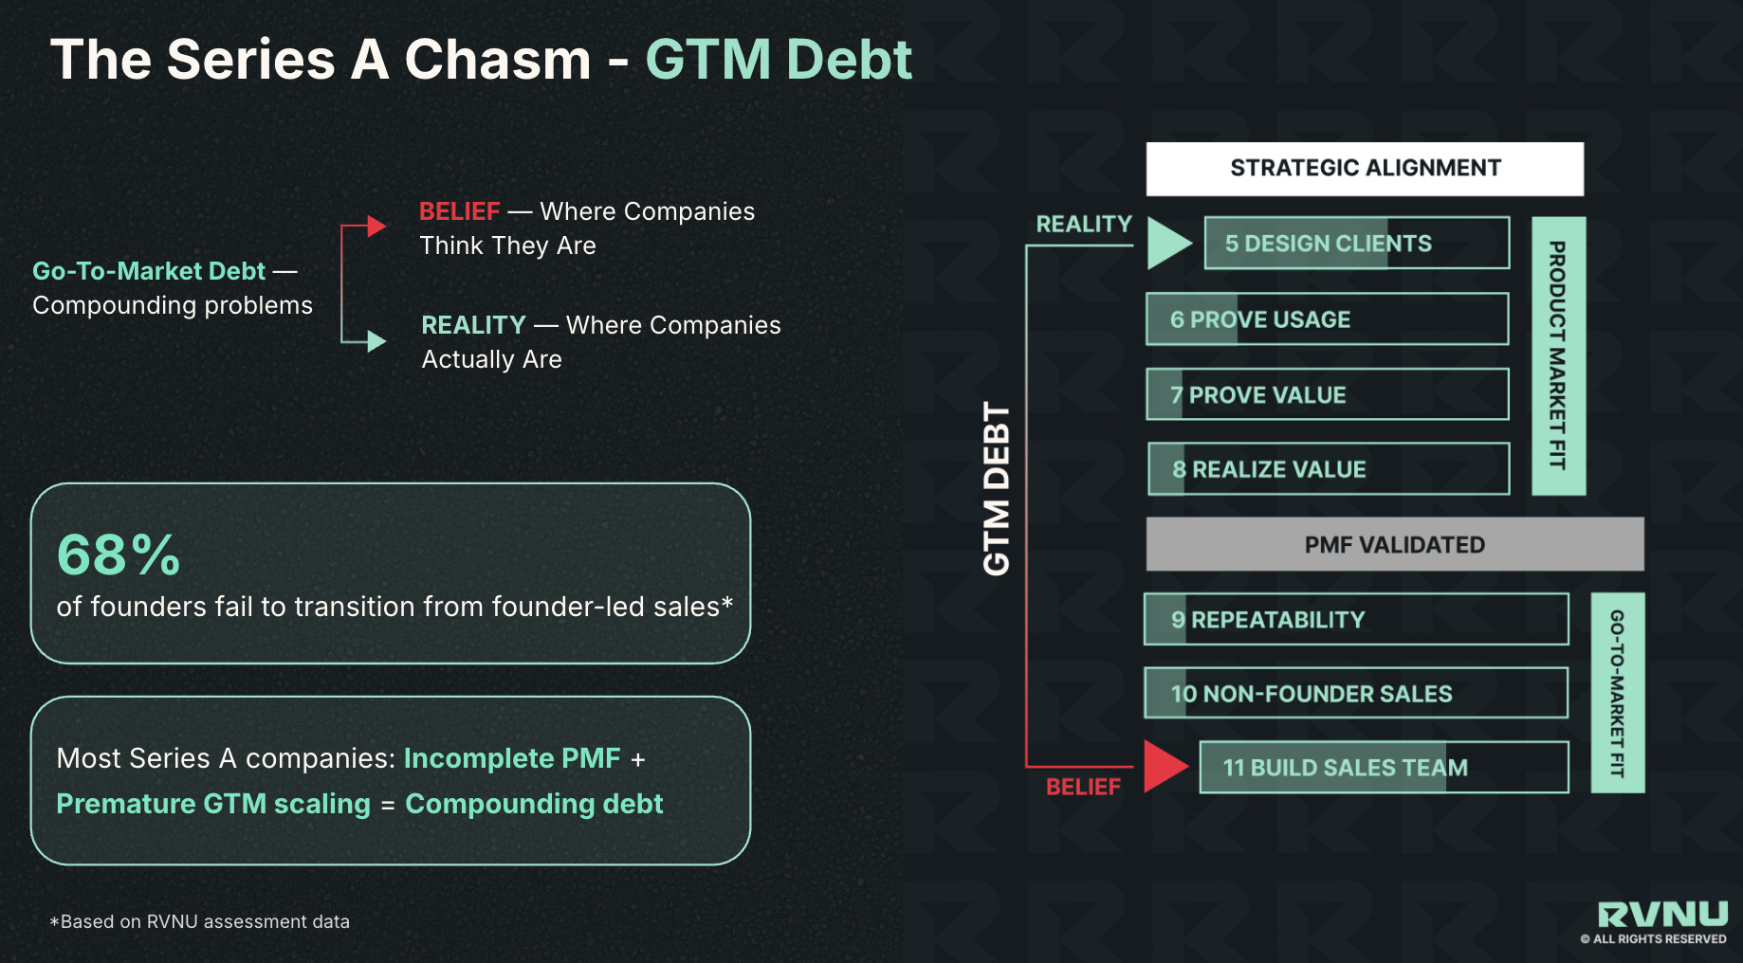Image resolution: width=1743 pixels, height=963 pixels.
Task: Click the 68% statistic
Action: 119,554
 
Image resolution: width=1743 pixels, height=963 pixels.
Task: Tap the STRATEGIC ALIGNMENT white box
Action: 1364,169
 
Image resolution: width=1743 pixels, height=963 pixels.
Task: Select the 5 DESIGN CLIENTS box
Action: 1356,244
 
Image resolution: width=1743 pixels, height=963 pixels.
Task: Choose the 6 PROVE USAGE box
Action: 1327,319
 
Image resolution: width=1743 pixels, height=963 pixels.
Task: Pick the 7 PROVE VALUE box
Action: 1327,394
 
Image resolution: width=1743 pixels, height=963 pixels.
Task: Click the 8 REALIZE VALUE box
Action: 1328,469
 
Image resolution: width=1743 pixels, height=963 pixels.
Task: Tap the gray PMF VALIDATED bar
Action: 1394,544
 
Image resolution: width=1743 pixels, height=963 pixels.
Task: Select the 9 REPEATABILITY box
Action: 1355,620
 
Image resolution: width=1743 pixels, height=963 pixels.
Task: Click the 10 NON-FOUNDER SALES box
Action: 1355,694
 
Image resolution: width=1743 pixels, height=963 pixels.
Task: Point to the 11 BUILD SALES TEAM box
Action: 1383,768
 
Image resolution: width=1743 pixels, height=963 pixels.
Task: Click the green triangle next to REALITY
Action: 1167,243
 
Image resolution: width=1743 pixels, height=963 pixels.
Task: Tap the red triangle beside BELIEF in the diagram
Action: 1165,766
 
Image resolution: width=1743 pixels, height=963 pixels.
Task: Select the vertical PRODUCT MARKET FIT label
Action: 1558,355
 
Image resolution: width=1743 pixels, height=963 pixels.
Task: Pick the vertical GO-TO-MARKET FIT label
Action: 1617,693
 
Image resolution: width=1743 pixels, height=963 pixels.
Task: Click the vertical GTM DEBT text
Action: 997,488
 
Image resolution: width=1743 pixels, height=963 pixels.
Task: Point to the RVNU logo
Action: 1661,915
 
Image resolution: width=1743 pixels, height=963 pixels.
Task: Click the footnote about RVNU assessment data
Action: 200,921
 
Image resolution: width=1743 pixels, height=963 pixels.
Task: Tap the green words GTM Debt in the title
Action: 779,60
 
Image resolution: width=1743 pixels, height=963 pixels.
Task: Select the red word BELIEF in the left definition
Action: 459,211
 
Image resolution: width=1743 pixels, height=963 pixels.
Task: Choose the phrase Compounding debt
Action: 534,804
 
